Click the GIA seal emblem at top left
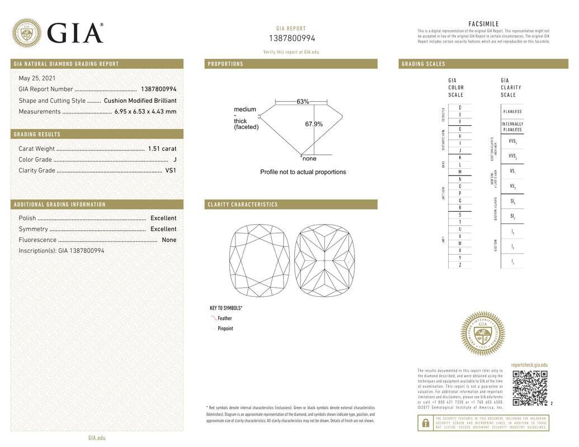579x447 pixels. tap(26, 32)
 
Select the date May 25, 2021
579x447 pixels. tap(37, 78)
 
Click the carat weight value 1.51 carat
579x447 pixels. tap(162, 149)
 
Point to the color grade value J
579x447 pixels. tap(175, 160)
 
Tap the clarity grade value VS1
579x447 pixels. tap(170, 170)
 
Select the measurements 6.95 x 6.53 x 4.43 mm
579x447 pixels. tap(145, 112)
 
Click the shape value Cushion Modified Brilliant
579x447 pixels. tap(140, 101)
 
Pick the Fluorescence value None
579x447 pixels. tap(169, 240)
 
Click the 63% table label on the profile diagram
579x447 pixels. tap(303, 102)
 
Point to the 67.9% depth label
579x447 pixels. tap(313, 124)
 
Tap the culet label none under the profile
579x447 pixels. tap(309, 159)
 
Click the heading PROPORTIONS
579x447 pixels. tap(225, 64)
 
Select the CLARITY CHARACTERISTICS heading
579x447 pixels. tap(243, 205)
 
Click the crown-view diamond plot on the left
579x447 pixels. tap(259, 260)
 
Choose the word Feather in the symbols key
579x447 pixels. tap(224, 318)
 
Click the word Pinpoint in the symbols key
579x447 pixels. tap(225, 329)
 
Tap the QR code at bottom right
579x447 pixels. tap(530, 388)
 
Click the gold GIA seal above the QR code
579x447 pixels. tap(482, 334)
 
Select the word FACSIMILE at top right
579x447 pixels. tap(483, 24)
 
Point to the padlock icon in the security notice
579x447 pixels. tap(425, 423)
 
